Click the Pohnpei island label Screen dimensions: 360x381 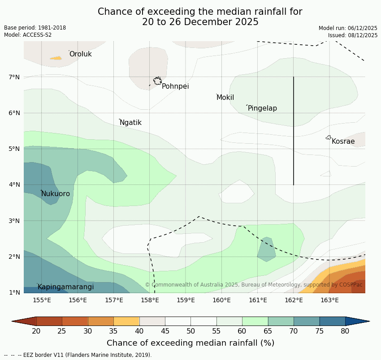[175, 86]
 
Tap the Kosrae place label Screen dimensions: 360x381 [343, 141]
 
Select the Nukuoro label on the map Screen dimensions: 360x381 [56, 194]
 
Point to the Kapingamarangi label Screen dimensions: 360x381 [65, 287]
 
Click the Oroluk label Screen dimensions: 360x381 [80, 54]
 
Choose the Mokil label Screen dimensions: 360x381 [225, 98]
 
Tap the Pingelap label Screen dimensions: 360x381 [262, 108]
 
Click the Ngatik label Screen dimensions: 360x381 [130, 123]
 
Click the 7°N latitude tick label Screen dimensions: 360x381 [14, 77]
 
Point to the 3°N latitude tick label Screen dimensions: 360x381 [14, 221]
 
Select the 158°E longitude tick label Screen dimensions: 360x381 [150, 300]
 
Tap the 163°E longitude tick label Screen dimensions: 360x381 [329, 300]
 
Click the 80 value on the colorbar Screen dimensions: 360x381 [345, 331]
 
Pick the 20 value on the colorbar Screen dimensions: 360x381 [36, 331]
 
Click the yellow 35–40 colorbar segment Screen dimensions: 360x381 [126, 321]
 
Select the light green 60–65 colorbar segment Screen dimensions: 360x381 [255, 321]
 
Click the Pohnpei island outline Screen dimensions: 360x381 [157, 81]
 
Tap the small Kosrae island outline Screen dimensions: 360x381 [329, 137]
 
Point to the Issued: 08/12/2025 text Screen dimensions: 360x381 [353, 35]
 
